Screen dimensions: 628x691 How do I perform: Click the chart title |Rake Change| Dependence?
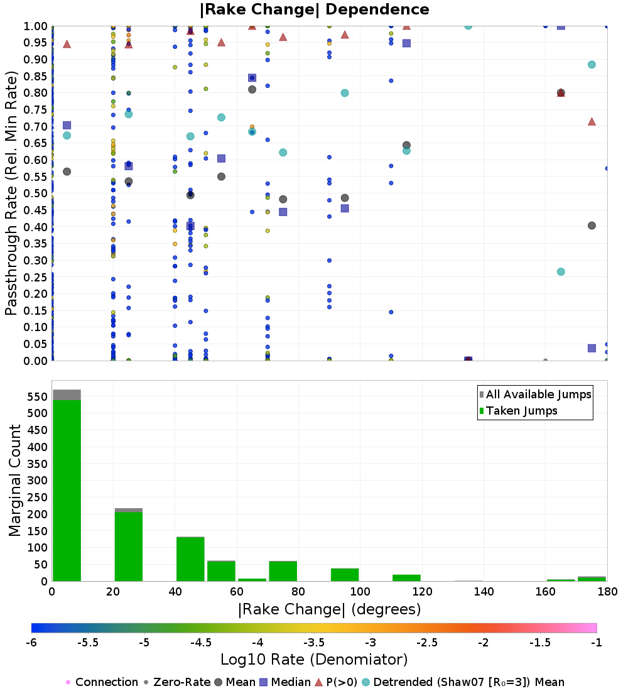[314, 9]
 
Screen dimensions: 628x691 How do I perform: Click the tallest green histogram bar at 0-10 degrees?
[67, 491]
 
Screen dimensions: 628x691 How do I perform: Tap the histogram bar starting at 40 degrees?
[190, 559]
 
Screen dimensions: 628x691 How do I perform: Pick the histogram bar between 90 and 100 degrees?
[345, 575]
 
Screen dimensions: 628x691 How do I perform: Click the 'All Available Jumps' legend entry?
[536, 394]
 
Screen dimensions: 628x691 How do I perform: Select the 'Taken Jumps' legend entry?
[519, 411]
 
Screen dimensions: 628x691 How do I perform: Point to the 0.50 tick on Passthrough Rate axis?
[35, 193]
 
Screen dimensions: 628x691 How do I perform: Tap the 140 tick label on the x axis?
[484, 591]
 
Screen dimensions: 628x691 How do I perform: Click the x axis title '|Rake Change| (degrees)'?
[330, 609]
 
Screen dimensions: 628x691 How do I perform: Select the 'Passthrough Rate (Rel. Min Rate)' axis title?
[11, 193]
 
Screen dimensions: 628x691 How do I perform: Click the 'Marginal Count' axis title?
[14, 481]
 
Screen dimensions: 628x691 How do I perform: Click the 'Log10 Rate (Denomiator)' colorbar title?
[314, 660]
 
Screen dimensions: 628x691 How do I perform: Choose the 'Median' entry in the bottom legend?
[285, 682]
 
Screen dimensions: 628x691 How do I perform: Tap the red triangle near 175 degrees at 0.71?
[592, 122]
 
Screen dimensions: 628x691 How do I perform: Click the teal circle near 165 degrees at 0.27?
[561, 272]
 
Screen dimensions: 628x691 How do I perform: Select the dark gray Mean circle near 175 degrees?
[592, 226]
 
